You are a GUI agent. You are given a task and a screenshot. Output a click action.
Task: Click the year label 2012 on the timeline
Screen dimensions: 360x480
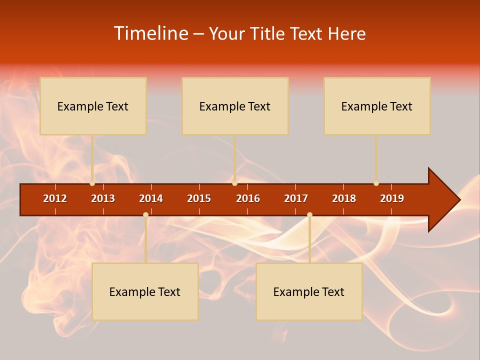pyautogui.click(x=55, y=198)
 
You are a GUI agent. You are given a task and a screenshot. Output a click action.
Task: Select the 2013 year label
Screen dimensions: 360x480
pyautogui.click(x=103, y=198)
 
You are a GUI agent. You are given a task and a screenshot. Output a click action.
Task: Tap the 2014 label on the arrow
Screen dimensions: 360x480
pyautogui.click(x=151, y=198)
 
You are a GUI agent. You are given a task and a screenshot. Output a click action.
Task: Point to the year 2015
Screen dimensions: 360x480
pyautogui.click(x=199, y=198)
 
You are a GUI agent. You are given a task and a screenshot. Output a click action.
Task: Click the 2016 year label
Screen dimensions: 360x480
pyautogui.click(x=248, y=198)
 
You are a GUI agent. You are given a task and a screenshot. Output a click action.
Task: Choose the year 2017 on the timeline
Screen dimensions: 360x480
pyautogui.click(x=296, y=198)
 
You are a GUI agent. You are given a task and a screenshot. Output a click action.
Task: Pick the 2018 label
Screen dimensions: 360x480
pyautogui.click(x=344, y=198)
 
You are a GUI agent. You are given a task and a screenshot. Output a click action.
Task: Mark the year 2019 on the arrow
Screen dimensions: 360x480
pyautogui.click(x=392, y=198)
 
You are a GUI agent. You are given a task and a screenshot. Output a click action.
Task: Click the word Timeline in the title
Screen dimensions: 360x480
pyautogui.click(x=150, y=33)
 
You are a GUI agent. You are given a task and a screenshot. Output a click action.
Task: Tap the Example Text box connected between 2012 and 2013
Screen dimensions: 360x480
pyautogui.click(x=93, y=106)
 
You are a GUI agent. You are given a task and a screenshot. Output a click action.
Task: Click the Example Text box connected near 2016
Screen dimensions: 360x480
pyautogui.click(x=235, y=106)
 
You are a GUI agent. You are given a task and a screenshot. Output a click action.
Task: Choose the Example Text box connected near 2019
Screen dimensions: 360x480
pyautogui.click(x=377, y=106)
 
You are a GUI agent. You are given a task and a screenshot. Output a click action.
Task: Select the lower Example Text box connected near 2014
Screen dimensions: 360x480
pyautogui.click(x=145, y=291)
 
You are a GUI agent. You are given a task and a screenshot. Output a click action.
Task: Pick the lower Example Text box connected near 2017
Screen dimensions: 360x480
pyautogui.click(x=309, y=291)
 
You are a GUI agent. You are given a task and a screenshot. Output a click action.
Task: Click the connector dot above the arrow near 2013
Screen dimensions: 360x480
pyautogui.click(x=92, y=183)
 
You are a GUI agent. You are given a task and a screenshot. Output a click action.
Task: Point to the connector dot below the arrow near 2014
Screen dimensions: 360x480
pyautogui.click(x=145, y=214)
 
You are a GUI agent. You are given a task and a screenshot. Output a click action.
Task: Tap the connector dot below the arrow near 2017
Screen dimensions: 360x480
pyautogui.click(x=309, y=214)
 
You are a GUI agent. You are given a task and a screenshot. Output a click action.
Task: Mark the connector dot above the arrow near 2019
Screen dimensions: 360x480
pyautogui.click(x=376, y=183)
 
